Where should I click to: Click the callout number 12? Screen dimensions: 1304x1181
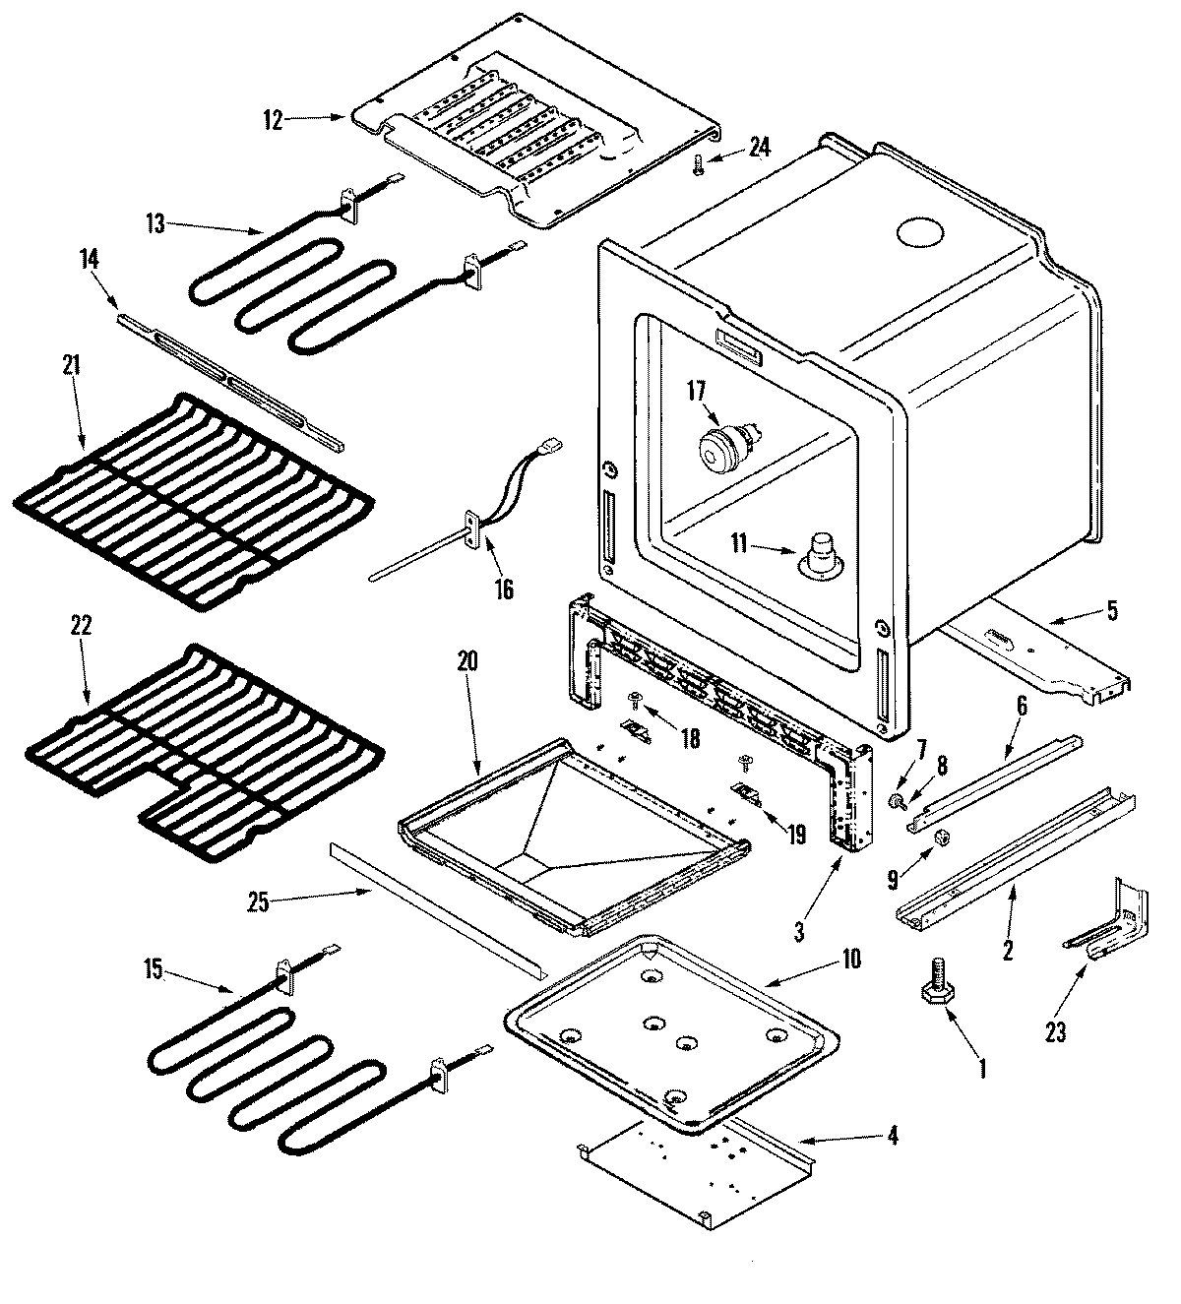273,121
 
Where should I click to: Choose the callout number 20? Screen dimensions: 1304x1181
466,661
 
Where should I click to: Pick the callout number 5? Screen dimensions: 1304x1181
1111,610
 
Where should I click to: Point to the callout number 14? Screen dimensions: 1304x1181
90,260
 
